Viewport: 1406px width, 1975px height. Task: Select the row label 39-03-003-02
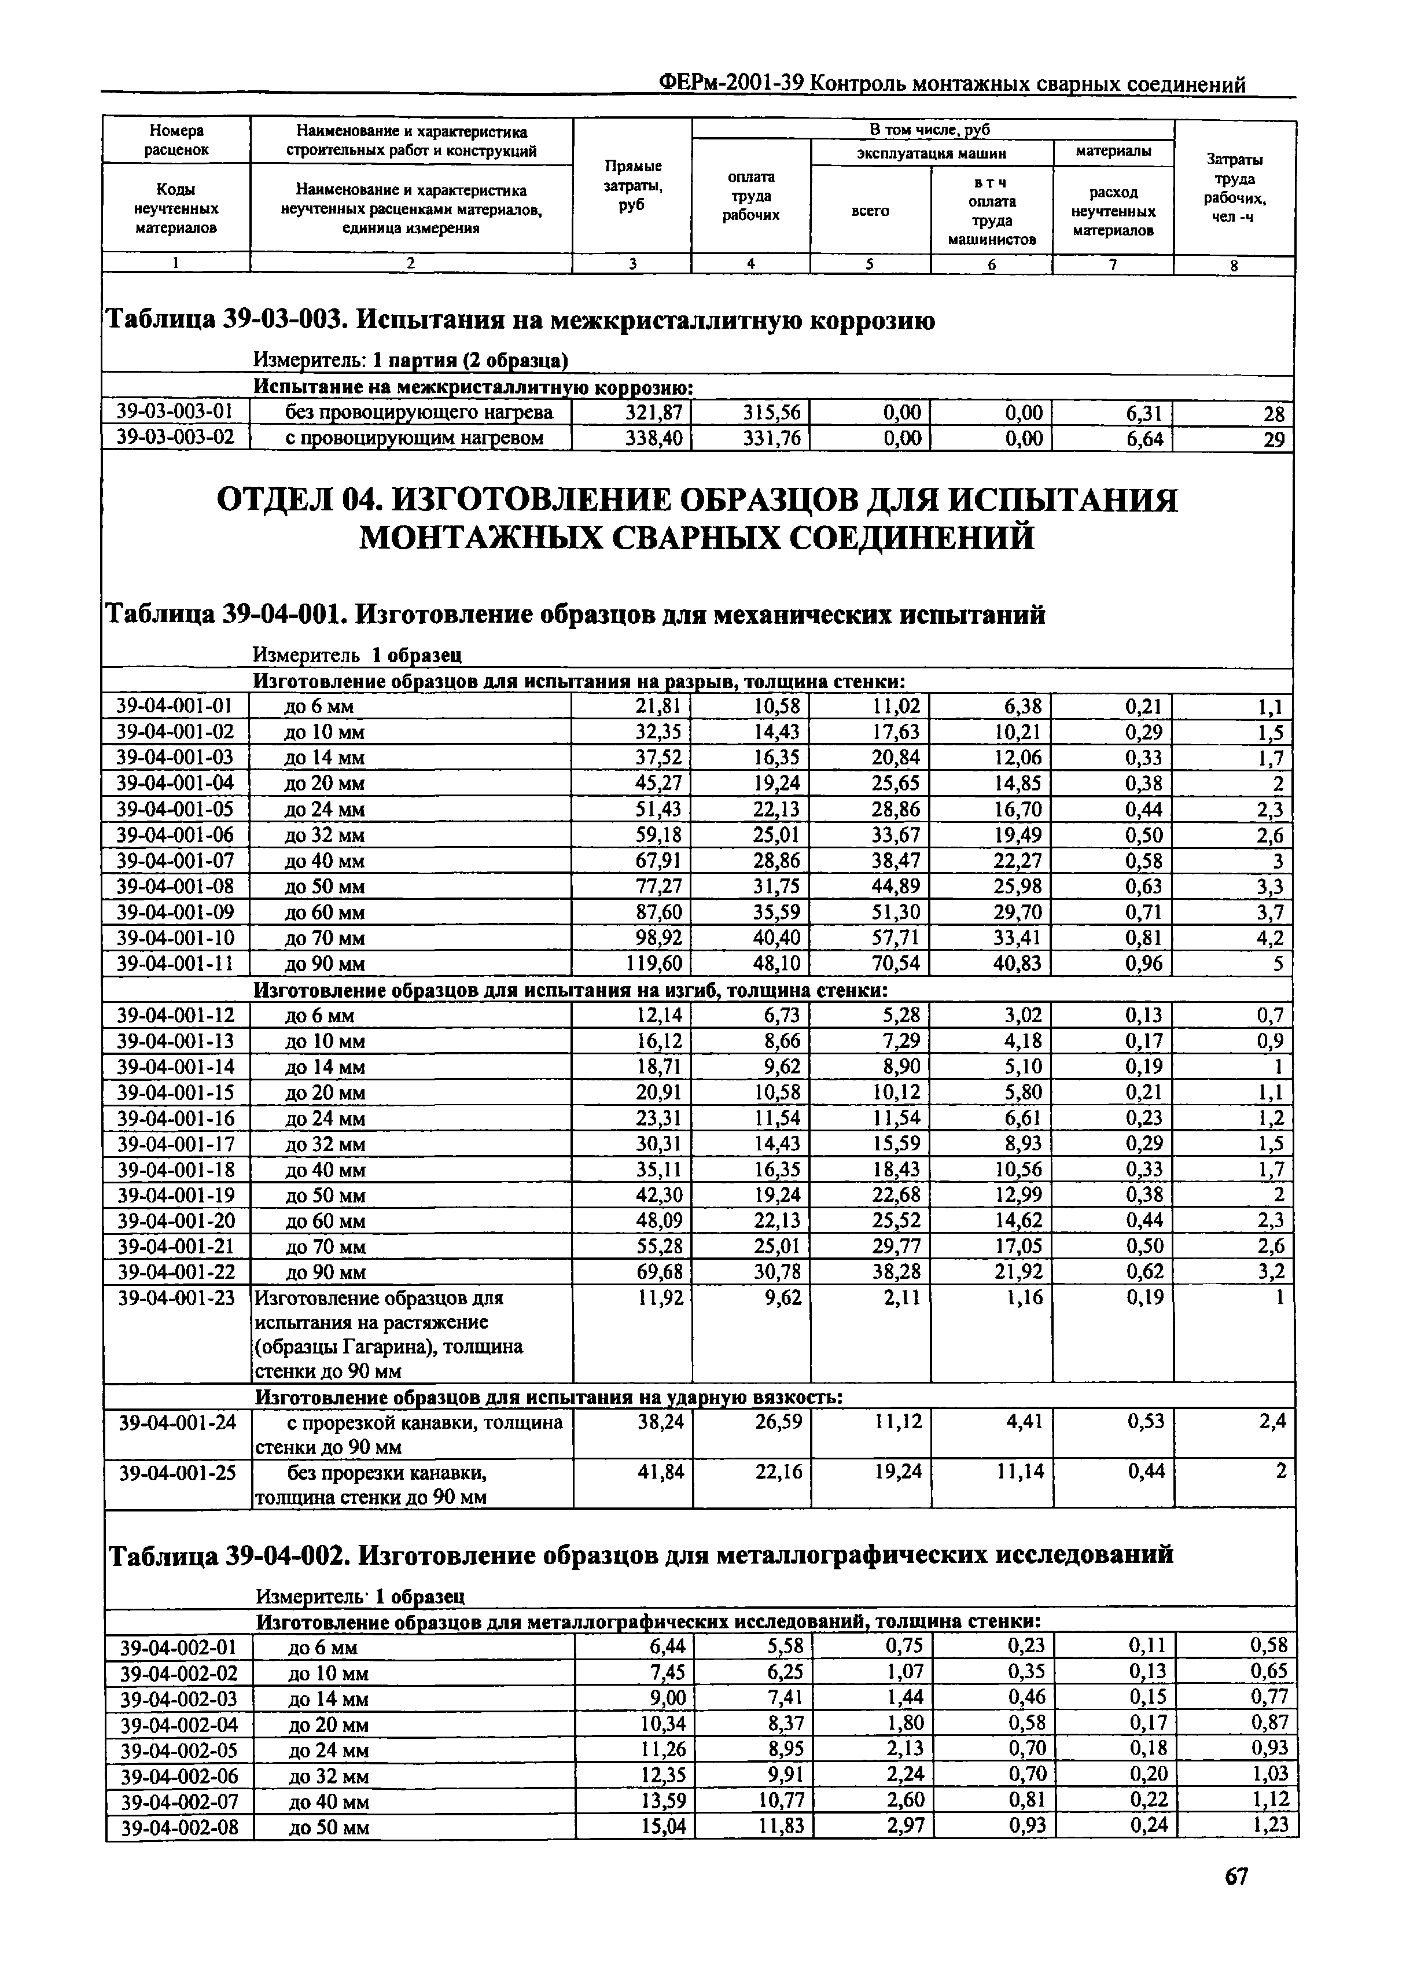pyautogui.click(x=176, y=437)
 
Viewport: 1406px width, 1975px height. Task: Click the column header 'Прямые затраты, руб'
pyautogui.click(x=632, y=185)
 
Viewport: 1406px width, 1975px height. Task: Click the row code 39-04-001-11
pyautogui.click(x=176, y=963)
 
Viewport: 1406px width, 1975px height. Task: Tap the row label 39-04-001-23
pyautogui.click(x=176, y=1298)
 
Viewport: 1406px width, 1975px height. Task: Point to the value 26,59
pyautogui.click(x=778, y=1422)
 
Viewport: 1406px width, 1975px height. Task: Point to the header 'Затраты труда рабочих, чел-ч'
pyautogui.click(x=1234, y=188)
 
